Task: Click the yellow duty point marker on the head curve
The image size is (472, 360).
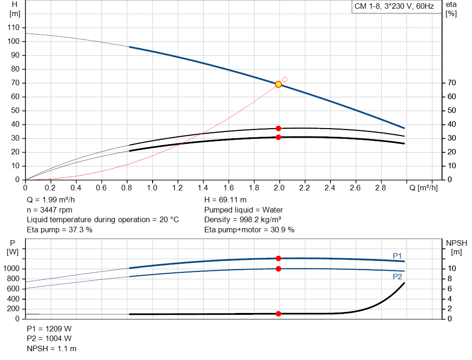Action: [278, 84]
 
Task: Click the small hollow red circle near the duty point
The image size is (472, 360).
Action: [285, 80]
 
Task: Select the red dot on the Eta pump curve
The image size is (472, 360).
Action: [278, 129]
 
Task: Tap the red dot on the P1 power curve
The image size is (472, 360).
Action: [278, 259]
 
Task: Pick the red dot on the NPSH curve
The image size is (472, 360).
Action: [278, 314]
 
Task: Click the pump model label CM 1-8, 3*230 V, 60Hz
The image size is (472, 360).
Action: [394, 7]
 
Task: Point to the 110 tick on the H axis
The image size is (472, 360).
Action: [14, 28]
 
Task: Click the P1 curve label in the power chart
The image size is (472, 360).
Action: [397, 256]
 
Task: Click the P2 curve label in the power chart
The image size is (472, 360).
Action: [397, 277]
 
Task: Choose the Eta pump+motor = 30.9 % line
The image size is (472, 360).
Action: [249, 230]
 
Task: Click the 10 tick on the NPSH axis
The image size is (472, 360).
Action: [452, 269]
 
